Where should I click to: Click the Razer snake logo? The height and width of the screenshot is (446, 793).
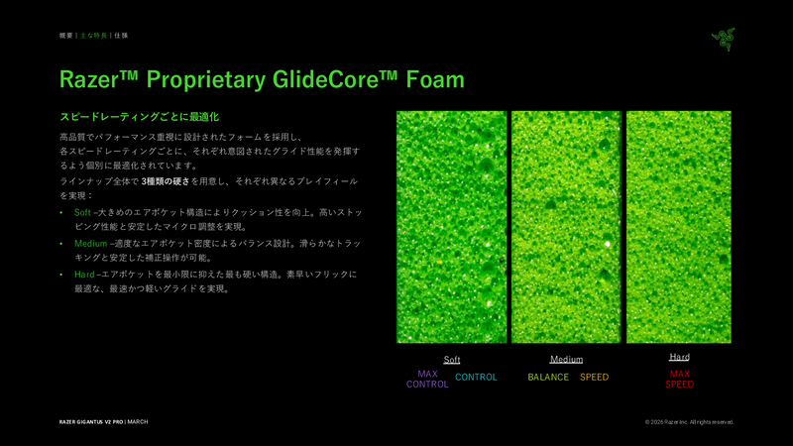coord(723,39)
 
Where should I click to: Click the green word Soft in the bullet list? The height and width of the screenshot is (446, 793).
coord(82,213)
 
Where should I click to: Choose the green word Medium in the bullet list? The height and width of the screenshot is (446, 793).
coord(89,243)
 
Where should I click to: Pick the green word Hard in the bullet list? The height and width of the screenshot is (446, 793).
coord(83,274)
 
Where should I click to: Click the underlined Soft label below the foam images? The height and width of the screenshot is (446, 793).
coord(452,360)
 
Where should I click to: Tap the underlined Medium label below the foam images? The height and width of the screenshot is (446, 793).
coord(566,359)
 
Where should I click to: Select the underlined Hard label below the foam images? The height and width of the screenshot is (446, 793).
coord(679,357)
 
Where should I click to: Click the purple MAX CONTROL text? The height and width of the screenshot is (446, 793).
coord(427,379)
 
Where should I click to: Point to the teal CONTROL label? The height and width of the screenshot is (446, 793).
coord(476,378)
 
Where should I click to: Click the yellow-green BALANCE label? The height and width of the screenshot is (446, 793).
coord(548,378)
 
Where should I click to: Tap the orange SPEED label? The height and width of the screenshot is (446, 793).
coord(594,378)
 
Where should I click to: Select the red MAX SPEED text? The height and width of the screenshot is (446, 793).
coord(679,379)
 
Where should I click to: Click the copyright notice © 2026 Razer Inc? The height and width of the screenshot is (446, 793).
coord(689,421)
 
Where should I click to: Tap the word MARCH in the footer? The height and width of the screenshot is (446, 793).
coord(138,421)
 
